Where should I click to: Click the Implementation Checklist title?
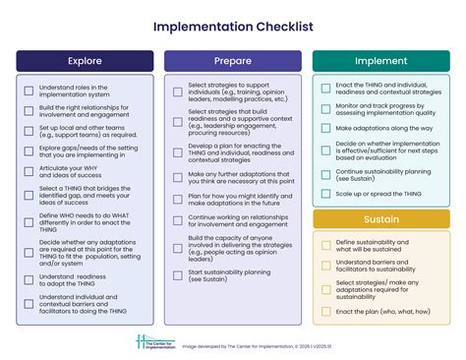tap(233, 27)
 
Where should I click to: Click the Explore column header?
tap(84, 61)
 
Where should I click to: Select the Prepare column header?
tap(232, 61)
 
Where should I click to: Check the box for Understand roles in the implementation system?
tap(29, 90)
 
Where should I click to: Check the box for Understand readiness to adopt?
tap(29, 279)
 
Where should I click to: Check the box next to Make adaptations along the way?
tap(325, 127)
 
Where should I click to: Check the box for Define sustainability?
tap(325, 245)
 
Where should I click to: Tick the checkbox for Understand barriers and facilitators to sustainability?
tap(325, 267)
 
